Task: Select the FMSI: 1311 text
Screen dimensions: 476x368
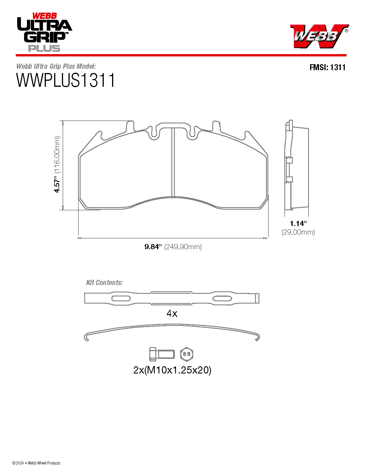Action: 327,67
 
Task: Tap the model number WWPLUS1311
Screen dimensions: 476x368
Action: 66,80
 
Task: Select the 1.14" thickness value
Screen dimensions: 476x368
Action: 298,223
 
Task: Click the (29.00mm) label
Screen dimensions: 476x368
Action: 298,232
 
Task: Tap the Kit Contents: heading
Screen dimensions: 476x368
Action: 104,282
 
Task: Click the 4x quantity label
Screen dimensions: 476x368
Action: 172,313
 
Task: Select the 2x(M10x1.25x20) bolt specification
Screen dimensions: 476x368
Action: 172,370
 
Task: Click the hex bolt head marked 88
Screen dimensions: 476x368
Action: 187,354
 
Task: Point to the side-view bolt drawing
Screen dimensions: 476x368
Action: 162,354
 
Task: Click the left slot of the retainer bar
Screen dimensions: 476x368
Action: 121,298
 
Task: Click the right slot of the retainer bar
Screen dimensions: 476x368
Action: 222,298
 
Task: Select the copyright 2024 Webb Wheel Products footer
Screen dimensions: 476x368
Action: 36,463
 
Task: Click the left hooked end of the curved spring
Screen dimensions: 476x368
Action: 87,337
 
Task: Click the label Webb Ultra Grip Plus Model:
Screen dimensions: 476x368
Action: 56,66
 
